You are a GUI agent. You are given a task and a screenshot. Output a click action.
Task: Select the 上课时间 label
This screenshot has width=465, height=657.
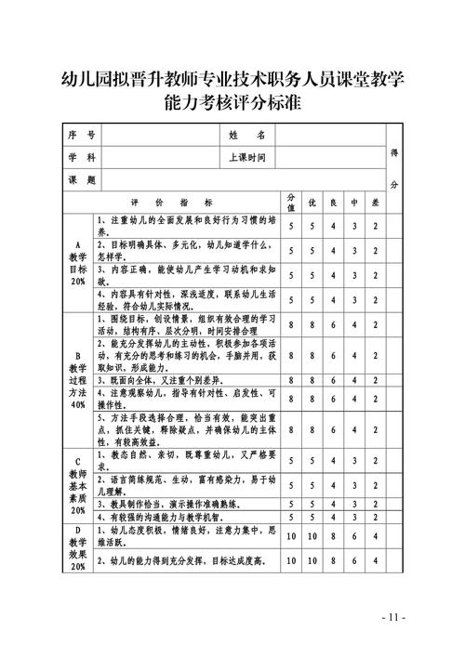(x=247, y=157)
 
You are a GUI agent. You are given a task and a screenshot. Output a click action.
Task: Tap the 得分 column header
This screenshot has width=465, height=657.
(x=394, y=168)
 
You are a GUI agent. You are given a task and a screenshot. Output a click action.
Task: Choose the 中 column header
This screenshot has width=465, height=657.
(x=354, y=202)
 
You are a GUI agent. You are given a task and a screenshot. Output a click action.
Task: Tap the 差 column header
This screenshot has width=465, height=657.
(x=376, y=202)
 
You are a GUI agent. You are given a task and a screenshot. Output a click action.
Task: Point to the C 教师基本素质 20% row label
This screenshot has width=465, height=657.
(x=77, y=484)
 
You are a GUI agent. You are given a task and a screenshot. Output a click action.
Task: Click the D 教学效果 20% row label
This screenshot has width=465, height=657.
(x=77, y=547)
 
